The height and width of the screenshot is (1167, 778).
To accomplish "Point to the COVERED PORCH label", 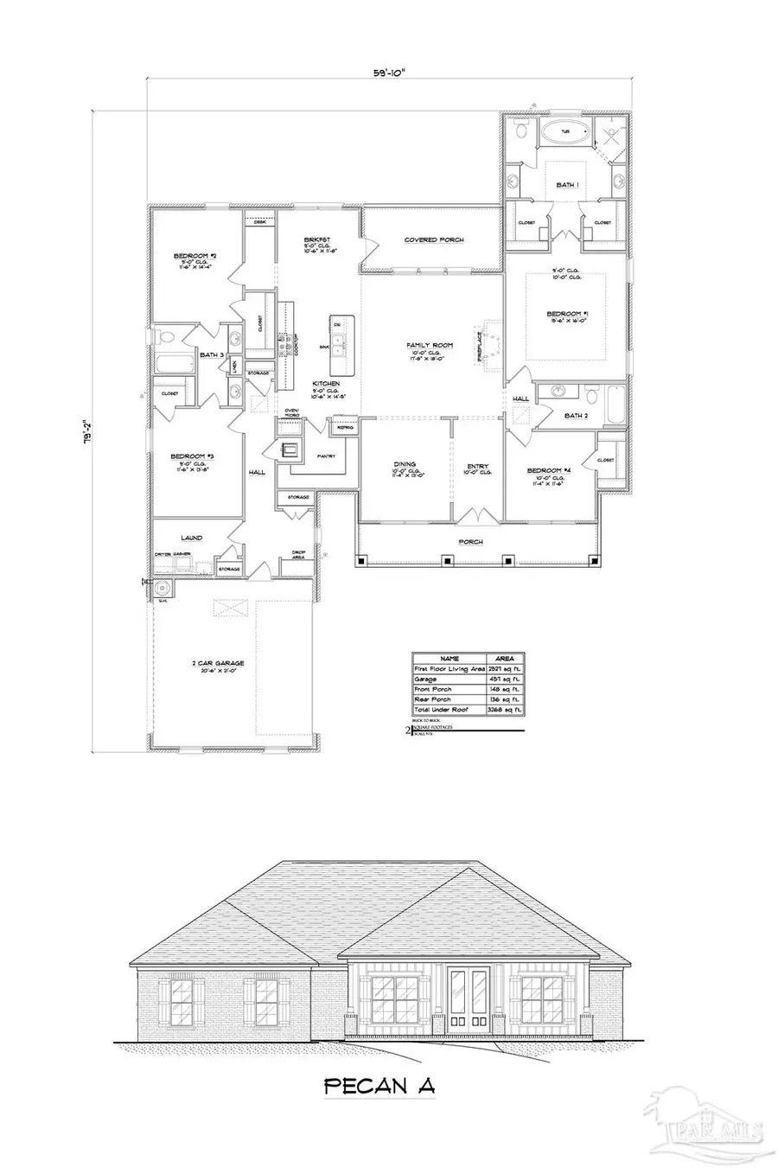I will click(434, 239).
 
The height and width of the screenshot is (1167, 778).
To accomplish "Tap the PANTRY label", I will click(327, 456).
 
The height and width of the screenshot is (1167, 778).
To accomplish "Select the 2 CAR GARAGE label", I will click(219, 663).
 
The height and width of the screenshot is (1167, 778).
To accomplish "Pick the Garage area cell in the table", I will click(504, 679).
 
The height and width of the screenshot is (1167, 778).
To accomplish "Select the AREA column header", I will click(504, 658).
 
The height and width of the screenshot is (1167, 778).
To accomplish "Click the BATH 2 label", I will click(576, 416).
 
